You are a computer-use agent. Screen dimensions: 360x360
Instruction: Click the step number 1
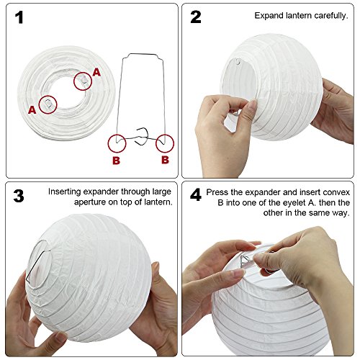[19, 17]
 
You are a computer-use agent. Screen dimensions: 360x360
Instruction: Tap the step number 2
[196, 17]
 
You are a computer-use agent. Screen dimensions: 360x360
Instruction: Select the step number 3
[19, 197]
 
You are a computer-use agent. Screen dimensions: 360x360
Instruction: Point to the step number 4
[196, 197]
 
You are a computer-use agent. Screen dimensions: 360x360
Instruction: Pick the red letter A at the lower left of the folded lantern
[32, 110]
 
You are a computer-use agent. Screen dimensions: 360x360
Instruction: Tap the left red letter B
[116, 161]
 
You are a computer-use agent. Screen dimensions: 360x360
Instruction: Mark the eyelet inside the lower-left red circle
[48, 105]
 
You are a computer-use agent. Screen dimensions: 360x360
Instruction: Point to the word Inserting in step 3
[66, 192]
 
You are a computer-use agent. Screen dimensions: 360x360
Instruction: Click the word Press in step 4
[217, 192]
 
